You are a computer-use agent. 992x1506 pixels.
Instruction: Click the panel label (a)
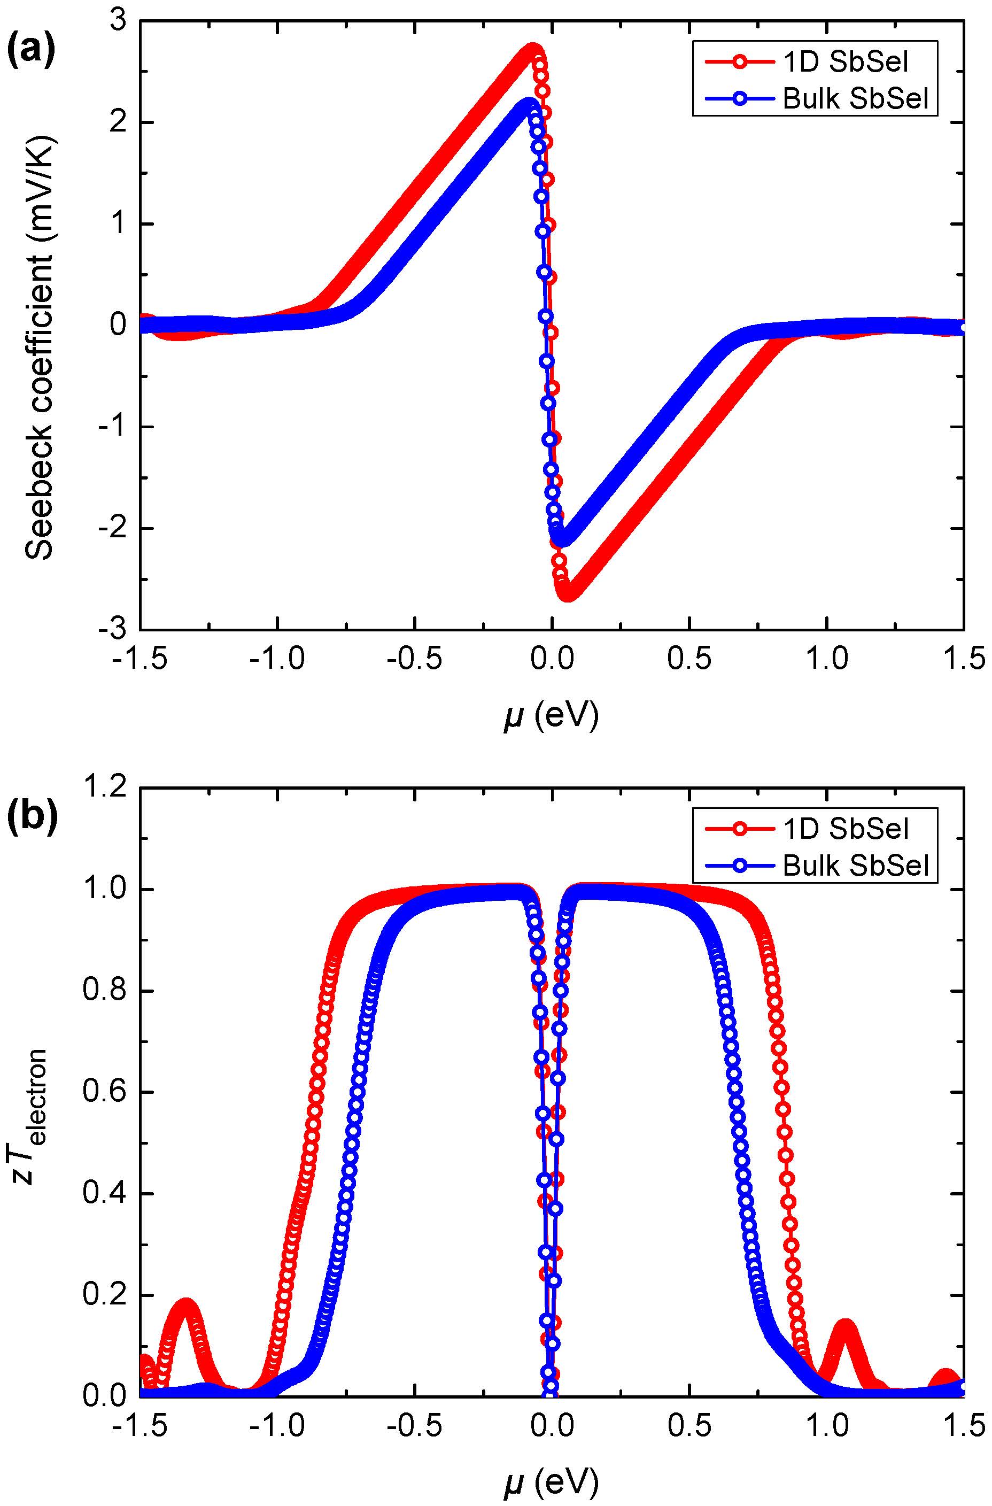[x=30, y=51]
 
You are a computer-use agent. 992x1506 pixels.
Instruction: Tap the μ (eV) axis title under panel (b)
[x=551, y=1481]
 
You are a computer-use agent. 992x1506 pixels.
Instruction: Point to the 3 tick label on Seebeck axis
[x=118, y=22]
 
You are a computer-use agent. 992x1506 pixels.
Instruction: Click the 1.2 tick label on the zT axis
[x=104, y=789]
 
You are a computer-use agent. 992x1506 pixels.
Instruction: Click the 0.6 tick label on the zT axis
[x=104, y=1093]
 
